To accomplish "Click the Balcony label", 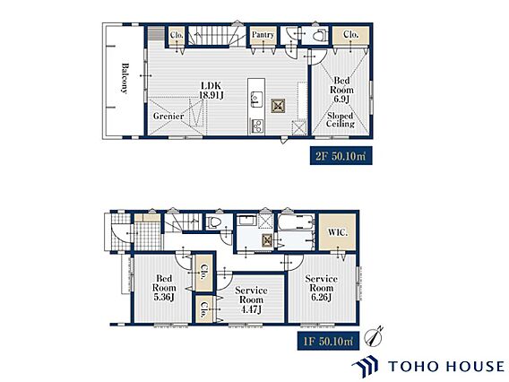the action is point(125,78).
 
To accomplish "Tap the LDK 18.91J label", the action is point(211,91).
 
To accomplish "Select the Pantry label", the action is point(263,34).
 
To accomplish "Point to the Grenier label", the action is point(168,116).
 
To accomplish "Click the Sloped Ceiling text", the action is point(341,119).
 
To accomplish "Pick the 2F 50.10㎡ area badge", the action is point(341,156).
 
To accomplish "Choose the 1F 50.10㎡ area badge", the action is point(328,341).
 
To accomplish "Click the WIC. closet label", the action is point(338,232).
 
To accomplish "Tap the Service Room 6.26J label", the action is point(321,288).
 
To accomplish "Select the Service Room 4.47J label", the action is point(251,300).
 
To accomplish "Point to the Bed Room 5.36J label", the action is point(164,288).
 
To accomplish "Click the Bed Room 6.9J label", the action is point(341,90).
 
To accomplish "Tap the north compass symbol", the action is point(374,336).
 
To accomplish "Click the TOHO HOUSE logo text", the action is point(446,366).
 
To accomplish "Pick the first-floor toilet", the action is point(214,221).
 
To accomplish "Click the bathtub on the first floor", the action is point(297,221).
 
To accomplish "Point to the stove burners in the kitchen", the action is point(256,126).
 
